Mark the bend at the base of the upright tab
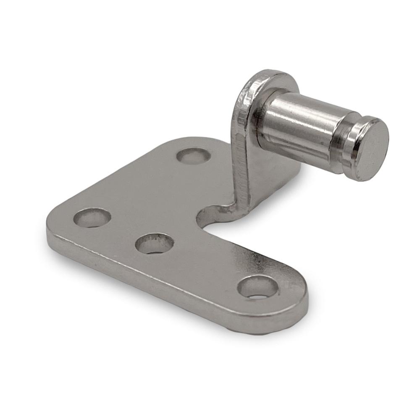click(x=235, y=206)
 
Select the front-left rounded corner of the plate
click(x=52, y=223)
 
